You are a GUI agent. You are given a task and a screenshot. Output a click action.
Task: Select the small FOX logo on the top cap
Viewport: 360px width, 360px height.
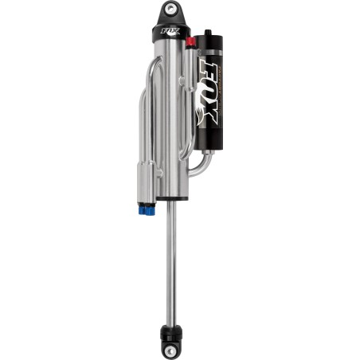click(x=169, y=34)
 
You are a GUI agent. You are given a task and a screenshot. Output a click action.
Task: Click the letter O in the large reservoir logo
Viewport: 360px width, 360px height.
click(x=212, y=88)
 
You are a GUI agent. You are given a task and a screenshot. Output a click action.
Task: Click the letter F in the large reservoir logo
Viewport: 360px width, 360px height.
click(x=212, y=67)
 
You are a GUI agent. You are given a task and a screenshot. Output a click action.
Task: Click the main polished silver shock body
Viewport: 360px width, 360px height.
click(x=170, y=119)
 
